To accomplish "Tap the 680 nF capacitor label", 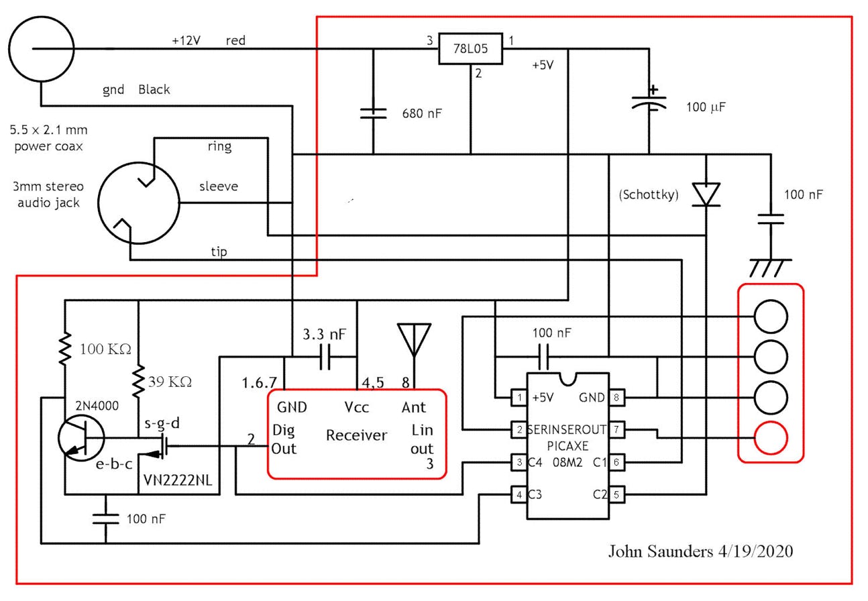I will click(422, 113).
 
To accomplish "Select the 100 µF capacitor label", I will click(706, 107).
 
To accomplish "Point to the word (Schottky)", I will click(649, 195).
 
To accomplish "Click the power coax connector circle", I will click(41, 49).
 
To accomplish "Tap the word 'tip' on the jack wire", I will click(219, 252).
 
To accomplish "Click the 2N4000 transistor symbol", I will click(80, 439).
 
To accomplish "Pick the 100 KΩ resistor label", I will click(105, 349).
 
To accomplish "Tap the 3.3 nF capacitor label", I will click(325, 333).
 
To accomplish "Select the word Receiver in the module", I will click(356, 435).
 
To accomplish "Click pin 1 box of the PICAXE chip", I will click(519, 398).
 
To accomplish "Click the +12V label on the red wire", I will click(186, 40).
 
